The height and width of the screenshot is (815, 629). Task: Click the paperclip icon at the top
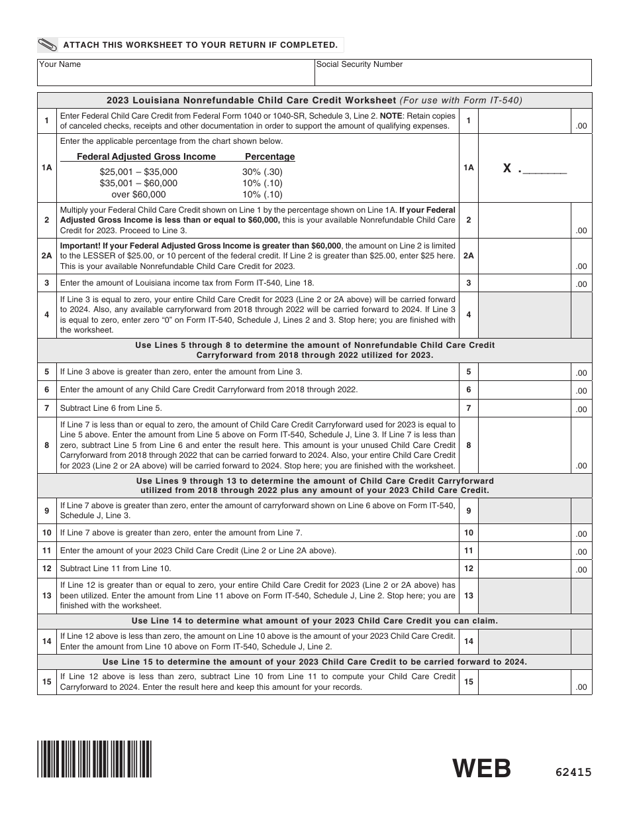[48, 45]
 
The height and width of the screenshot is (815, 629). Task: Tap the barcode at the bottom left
[95, 758]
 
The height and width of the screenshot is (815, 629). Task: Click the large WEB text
[482, 769]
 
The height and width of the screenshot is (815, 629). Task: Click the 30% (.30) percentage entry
[262, 172]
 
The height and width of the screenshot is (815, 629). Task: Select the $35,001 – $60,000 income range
[138, 183]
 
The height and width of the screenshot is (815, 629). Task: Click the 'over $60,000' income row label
[138, 194]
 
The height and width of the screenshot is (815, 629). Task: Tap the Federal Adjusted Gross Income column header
[146, 157]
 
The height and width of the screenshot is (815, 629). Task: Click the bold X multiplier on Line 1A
[507, 168]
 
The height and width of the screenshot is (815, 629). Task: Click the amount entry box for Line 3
[524, 283]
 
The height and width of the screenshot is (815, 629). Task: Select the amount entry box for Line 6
[524, 390]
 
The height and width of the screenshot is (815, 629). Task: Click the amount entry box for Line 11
[524, 551]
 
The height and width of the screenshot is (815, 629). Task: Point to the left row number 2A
[46, 255]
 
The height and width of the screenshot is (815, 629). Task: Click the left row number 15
[46, 682]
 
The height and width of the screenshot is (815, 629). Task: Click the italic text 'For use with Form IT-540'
[461, 101]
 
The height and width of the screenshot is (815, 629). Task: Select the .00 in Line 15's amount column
[581, 687]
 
